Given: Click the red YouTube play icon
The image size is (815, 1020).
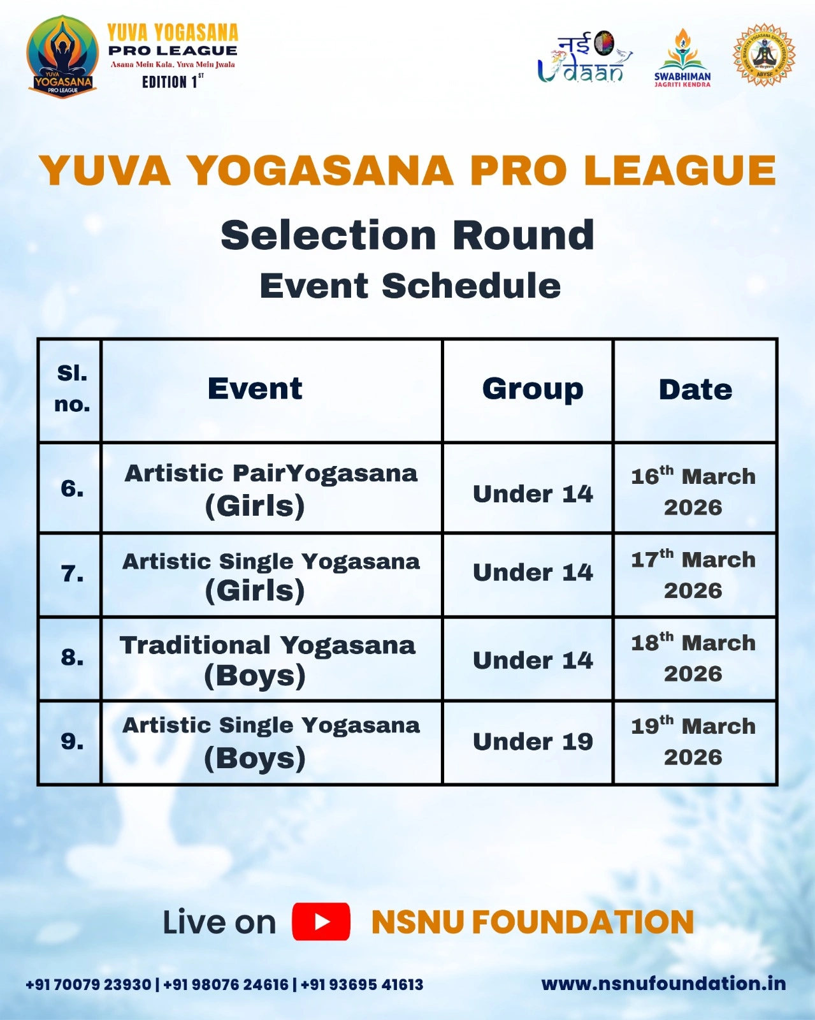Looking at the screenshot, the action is tap(321, 921).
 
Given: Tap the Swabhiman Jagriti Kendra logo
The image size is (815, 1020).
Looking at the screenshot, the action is tap(682, 58).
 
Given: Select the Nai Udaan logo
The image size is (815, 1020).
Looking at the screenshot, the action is tap(585, 57).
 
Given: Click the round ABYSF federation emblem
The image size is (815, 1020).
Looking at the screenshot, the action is tap(764, 55).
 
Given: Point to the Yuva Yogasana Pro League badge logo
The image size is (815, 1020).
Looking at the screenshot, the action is tap(62, 57).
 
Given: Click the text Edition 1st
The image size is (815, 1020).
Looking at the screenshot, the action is tap(173, 82).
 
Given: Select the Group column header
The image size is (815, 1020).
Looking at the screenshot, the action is tap(533, 389).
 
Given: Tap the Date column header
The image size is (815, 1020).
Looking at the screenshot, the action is tap(696, 390).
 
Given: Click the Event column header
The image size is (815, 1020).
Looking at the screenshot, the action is tap(255, 389).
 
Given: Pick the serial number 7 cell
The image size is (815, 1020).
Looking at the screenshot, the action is tap(72, 574).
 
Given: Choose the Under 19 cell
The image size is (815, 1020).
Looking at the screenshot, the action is tap(533, 741).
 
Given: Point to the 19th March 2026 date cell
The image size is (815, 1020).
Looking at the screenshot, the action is tap(693, 741).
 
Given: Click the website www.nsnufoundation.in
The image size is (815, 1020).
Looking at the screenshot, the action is tap(663, 983).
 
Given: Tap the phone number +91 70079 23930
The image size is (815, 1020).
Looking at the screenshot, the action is tap(89, 984).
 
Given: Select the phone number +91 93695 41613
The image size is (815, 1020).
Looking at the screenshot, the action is tap(362, 984).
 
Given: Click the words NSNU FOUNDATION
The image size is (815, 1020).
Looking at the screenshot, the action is tap(533, 922).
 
